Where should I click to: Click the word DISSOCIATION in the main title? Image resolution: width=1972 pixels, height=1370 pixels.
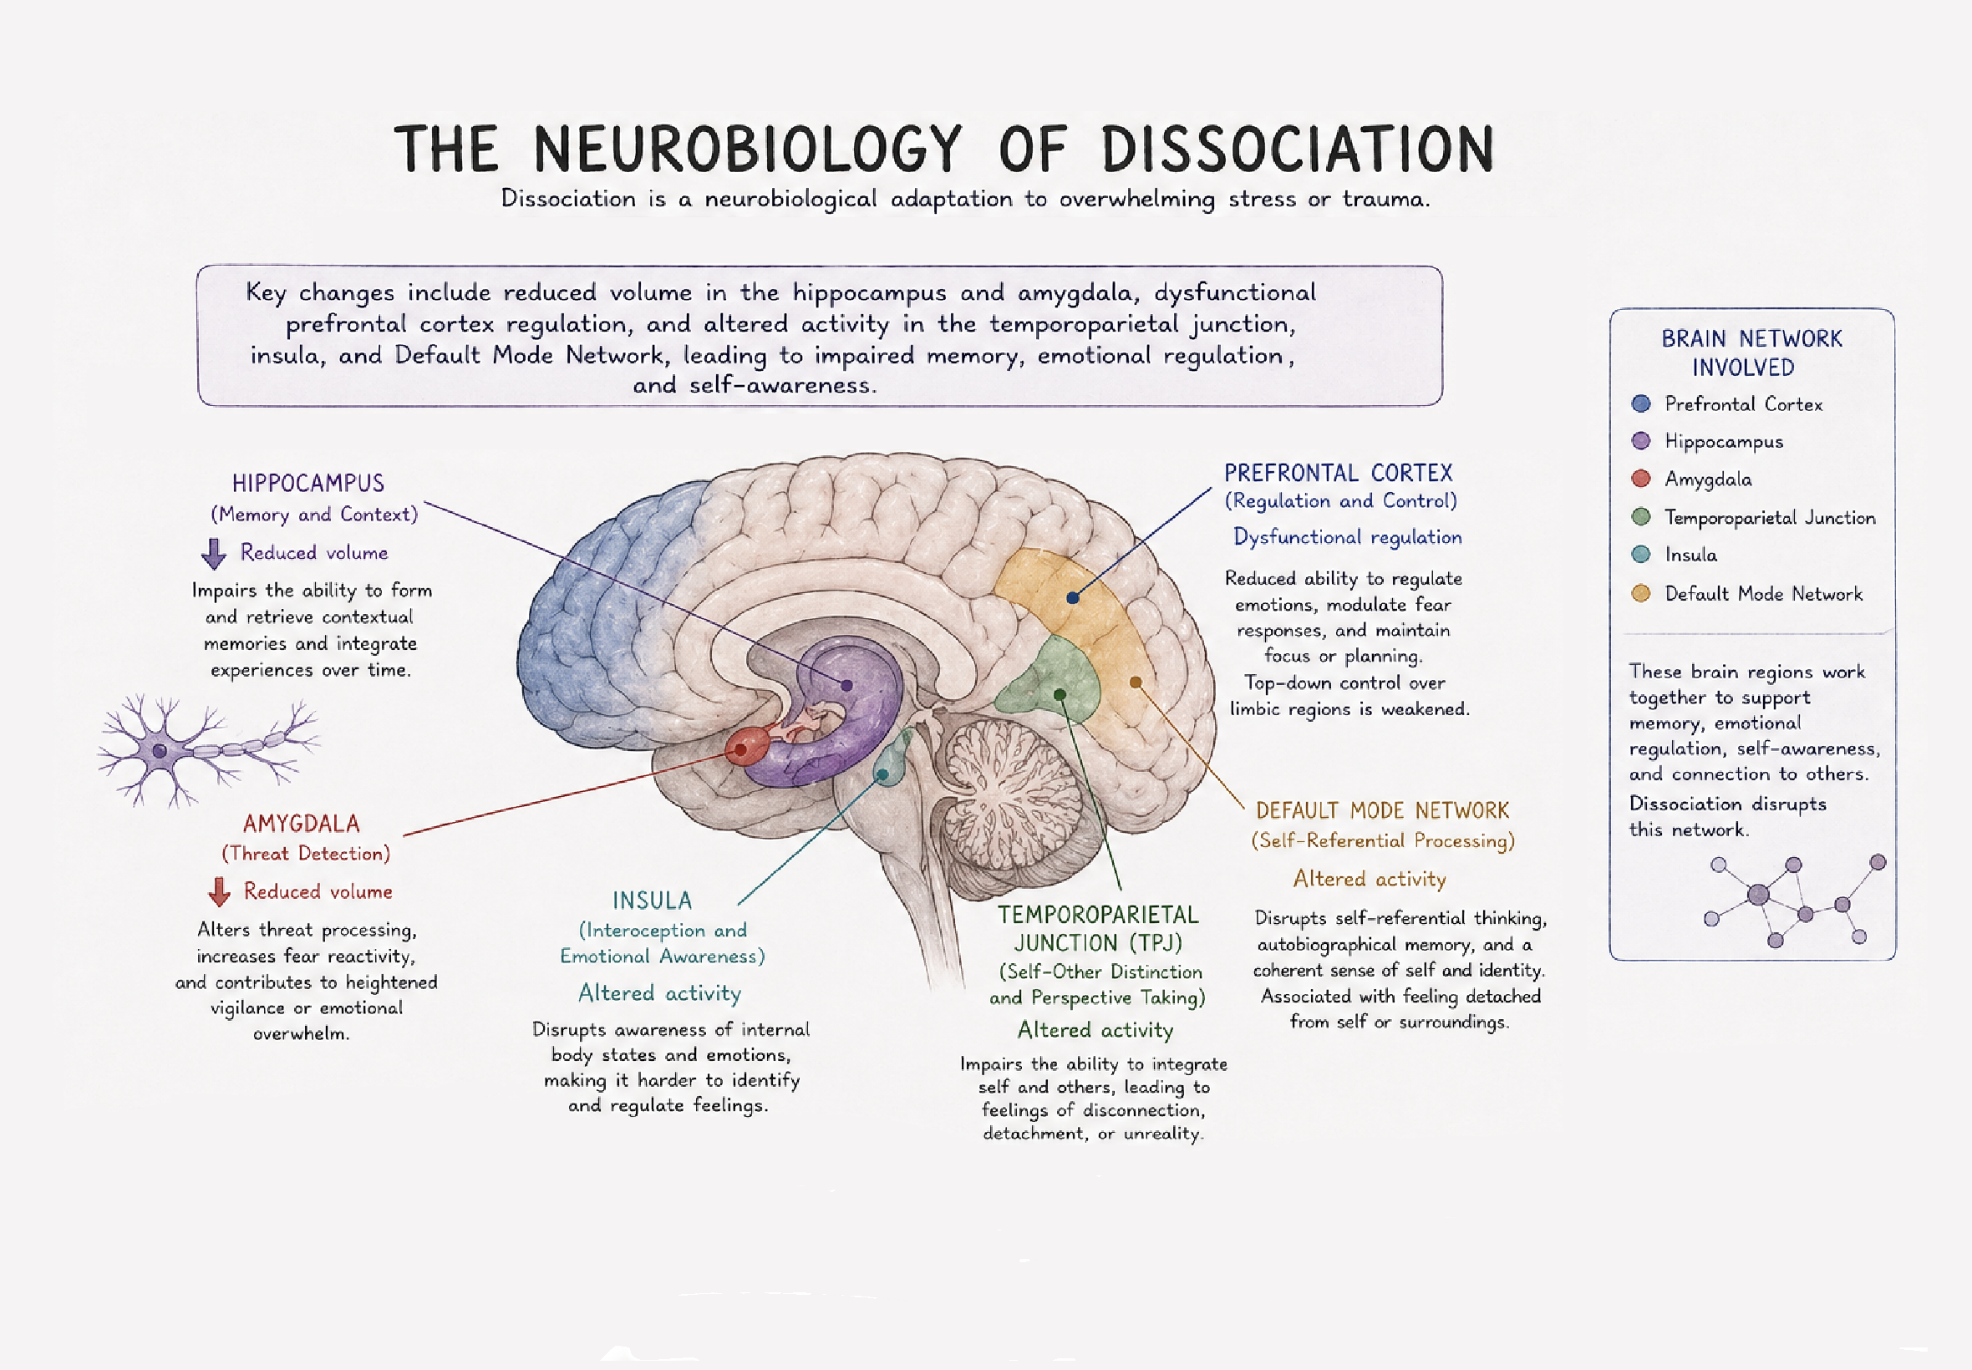[x=1297, y=150]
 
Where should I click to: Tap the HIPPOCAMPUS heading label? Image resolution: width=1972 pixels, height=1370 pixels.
[x=308, y=484]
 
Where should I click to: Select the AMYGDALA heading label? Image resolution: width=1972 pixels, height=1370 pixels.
[x=302, y=824]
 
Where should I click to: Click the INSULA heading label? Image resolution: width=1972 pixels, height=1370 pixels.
[x=652, y=901]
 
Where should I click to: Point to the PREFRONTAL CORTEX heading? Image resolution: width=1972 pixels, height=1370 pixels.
[x=1338, y=473]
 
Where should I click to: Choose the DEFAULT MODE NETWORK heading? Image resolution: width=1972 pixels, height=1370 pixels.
[x=1381, y=810]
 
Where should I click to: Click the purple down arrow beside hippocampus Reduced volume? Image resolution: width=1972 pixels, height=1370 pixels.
[x=214, y=554]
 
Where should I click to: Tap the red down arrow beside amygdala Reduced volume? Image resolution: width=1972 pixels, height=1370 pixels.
[x=219, y=892]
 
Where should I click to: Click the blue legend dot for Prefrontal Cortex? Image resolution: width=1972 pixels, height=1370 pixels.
[x=1640, y=403]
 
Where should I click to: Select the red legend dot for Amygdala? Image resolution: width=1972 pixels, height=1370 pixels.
[x=1640, y=478]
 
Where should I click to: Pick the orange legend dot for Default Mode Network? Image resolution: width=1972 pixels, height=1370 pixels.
[x=1640, y=593]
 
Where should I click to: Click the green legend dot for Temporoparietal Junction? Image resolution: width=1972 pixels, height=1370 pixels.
[x=1640, y=517]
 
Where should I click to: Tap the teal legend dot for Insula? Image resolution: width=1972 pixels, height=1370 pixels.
[x=1640, y=555]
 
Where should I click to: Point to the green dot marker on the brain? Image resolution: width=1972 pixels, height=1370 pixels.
[x=1060, y=694]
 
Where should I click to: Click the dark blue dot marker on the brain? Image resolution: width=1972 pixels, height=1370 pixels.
[x=1072, y=597]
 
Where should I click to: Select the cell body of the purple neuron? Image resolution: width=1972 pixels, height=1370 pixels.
[x=160, y=751]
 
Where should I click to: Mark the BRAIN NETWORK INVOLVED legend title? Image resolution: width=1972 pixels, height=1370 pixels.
[x=1751, y=353]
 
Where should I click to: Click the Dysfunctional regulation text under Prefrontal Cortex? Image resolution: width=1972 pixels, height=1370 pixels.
[x=1347, y=537]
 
